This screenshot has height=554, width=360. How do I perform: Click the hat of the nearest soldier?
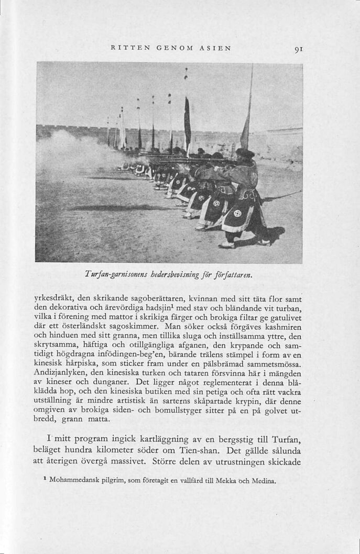[x=244, y=152]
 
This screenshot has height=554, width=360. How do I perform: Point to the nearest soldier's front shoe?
[x=226, y=245]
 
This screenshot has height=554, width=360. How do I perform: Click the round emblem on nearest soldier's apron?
[x=237, y=214]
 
